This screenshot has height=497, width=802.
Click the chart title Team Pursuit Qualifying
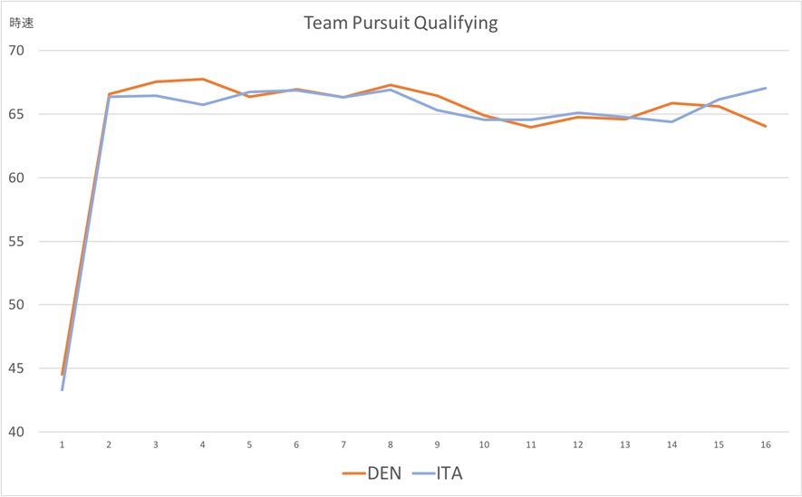click(x=401, y=24)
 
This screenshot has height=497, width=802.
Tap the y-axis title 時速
click(x=22, y=24)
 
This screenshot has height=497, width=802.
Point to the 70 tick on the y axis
click(x=18, y=51)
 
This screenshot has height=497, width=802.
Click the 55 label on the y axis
click(x=18, y=242)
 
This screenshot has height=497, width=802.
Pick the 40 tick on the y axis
click(x=18, y=432)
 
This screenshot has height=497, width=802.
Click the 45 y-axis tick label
click(x=18, y=368)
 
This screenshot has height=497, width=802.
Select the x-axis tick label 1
click(x=63, y=444)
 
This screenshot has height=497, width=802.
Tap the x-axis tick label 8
click(x=391, y=444)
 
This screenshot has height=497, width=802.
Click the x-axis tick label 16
click(x=766, y=444)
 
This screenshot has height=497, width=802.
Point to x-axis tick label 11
click(x=531, y=444)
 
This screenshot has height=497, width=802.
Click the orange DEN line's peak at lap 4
click(x=203, y=79)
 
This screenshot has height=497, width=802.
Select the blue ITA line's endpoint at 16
click(x=766, y=88)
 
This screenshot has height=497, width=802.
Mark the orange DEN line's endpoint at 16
click(x=766, y=126)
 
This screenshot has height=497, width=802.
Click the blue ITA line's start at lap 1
click(x=63, y=389)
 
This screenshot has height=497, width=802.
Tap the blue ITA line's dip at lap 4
click(x=203, y=104)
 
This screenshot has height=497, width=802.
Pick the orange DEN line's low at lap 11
click(x=531, y=127)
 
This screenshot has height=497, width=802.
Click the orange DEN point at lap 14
click(x=672, y=103)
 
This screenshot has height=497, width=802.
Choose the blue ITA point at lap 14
click(x=672, y=121)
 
